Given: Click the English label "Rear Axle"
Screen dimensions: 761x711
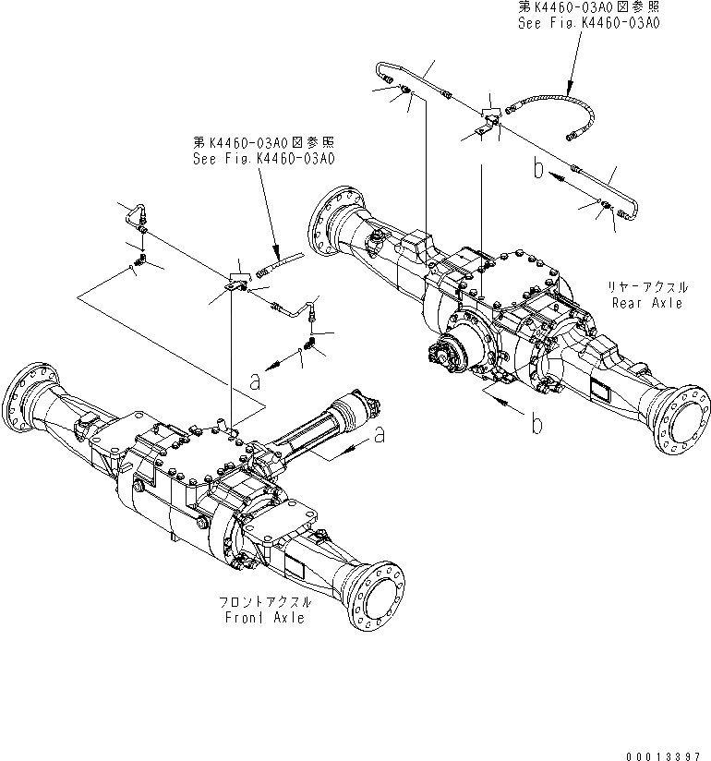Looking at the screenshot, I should [x=645, y=303].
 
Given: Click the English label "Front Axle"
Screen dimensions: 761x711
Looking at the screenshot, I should [x=264, y=617].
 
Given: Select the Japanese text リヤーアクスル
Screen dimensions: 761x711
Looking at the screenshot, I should [x=645, y=288].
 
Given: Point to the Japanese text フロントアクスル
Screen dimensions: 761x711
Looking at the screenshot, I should [x=265, y=601].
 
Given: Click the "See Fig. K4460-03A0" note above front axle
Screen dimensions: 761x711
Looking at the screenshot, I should [x=263, y=158].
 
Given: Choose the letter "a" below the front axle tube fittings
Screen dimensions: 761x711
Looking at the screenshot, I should [x=256, y=380].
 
